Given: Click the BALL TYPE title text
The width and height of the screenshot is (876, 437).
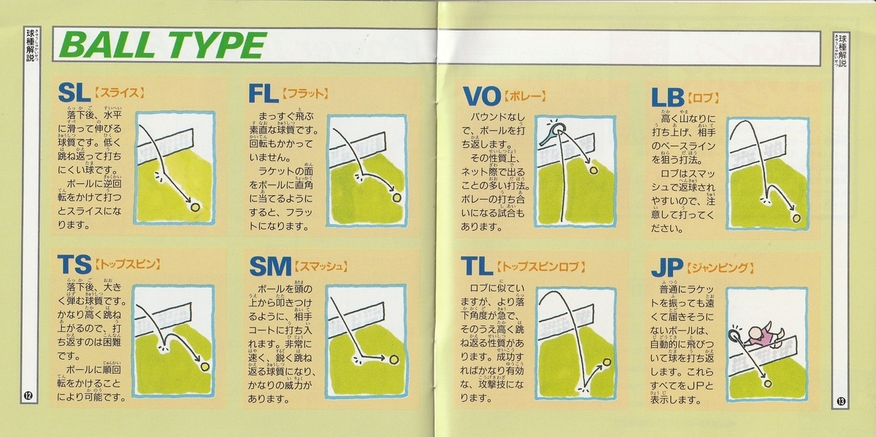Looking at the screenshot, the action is point(163,45).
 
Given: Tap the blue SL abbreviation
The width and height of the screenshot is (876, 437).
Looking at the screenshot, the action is point(72,93).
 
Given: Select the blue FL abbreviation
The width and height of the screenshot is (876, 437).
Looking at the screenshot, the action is point(264,94).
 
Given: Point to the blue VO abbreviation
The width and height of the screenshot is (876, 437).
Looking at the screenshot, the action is point(482,96).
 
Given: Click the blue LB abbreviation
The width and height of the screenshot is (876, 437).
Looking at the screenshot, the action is point(667,97).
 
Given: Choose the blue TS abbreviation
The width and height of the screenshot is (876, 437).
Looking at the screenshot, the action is point(74,264).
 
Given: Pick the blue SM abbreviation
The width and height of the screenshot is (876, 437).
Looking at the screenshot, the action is point(270,266).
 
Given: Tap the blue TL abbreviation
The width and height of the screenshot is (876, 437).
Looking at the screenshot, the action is point(476,266).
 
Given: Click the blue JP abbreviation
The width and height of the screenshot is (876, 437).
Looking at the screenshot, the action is point(666,268).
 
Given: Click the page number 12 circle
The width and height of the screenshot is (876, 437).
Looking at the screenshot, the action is point(28,396).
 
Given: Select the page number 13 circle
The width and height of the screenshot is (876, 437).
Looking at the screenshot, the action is point(841,401).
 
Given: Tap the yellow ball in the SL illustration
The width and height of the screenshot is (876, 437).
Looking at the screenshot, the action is point(195,206).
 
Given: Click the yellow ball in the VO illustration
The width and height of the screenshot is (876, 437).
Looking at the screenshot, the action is point(593,170).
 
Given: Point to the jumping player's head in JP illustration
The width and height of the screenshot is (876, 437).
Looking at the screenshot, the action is point(753,333).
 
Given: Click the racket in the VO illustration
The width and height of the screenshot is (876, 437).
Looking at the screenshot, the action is point(552,133).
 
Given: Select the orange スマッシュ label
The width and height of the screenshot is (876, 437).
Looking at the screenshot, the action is point(320,267).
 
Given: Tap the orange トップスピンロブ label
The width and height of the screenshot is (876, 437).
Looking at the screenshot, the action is point(540,267).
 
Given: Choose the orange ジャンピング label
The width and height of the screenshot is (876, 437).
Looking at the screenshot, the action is point(720,268).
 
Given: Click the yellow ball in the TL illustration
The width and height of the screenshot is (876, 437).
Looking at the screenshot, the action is point(607,363).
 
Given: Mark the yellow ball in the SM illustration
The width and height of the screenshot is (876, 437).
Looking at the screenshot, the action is point(393,359).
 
